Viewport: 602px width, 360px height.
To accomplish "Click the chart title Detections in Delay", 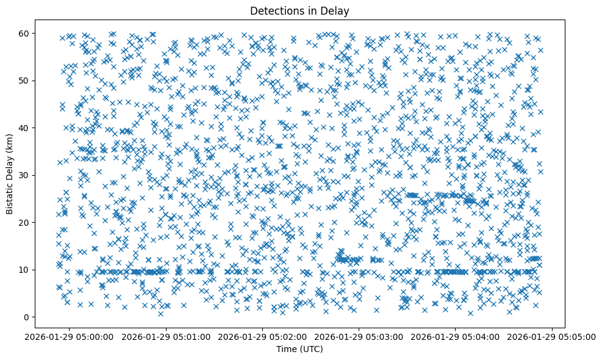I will pyautogui.click(x=299, y=10).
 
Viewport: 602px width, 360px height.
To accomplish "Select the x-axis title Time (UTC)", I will pyautogui.click(x=299, y=349).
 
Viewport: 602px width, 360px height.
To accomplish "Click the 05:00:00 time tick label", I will pyautogui.click(x=70, y=336).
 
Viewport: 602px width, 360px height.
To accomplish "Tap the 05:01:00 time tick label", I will pyautogui.click(x=167, y=336).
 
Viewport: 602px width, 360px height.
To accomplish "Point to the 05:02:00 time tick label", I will pyautogui.click(x=263, y=336).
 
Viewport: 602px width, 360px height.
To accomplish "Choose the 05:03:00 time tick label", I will pyautogui.click(x=359, y=336).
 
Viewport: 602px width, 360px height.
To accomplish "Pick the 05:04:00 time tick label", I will pyautogui.click(x=456, y=336).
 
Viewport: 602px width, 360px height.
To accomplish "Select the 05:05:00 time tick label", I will pyautogui.click(x=553, y=336).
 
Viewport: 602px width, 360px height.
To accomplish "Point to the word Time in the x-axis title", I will pyautogui.click(x=285, y=349).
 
